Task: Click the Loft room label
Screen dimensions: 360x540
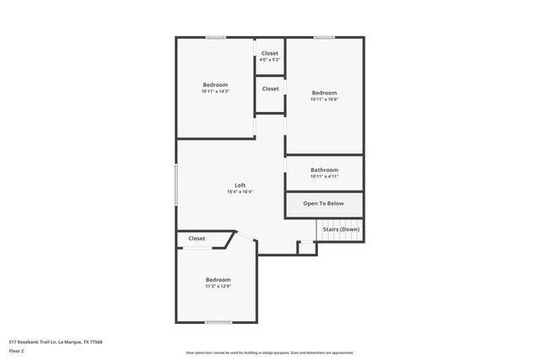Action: tap(240, 185)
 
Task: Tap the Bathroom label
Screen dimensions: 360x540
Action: tap(324, 169)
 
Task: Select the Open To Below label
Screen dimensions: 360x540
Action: tap(324, 203)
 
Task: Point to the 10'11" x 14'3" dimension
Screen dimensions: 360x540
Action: tap(215, 91)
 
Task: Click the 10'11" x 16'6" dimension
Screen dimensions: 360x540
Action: tap(324, 99)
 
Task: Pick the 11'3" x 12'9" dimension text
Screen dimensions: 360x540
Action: tap(218, 286)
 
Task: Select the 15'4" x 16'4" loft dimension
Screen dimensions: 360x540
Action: tap(240, 192)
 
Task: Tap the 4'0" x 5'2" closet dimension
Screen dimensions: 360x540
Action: tap(270, 60)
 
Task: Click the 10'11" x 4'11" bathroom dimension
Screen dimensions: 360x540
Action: tap(324, 176)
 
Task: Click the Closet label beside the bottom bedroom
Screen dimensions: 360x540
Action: tap(197, 239)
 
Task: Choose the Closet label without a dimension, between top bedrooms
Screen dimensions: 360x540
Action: tap(270, 89)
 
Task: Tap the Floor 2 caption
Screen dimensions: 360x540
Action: tap(16, 351)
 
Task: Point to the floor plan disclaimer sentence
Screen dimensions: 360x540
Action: tap(270, 352)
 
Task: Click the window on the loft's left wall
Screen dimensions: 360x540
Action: tap(175, 183)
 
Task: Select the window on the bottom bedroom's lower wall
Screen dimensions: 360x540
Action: tap(219, 322)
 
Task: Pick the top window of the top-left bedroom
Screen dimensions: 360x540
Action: tap(215, 37)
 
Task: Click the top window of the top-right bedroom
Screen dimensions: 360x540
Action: tap(324, 37)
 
